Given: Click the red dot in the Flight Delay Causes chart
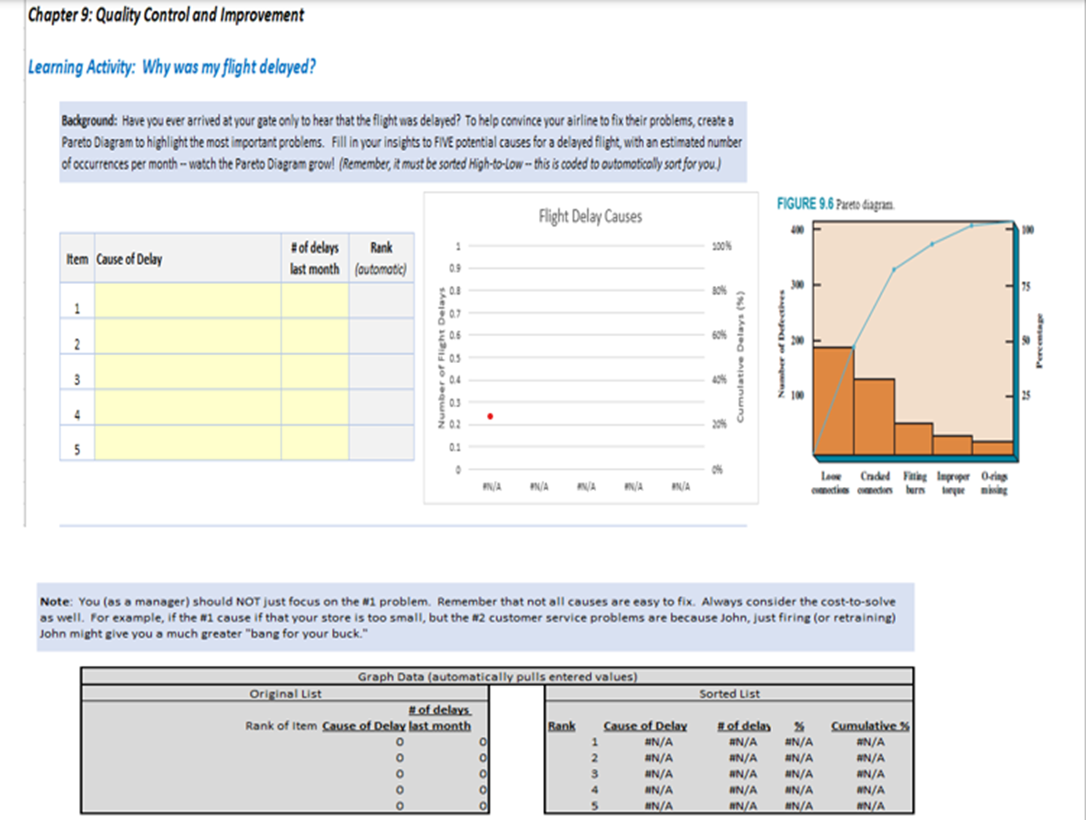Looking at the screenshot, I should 490,416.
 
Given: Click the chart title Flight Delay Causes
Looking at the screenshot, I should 590,216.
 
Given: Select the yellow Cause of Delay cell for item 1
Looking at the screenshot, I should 188,301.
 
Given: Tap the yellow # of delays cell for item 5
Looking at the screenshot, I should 315,443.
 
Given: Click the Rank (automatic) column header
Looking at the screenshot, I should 381,258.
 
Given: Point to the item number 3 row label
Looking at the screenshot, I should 77,380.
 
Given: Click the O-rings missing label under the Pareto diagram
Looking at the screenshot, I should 994,483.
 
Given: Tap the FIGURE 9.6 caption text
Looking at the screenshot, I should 835,204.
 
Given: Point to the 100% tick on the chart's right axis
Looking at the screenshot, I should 721,246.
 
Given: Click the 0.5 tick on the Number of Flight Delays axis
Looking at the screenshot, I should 455,358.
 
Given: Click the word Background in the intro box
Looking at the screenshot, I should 88,120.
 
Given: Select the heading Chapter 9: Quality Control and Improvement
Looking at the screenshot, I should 166,15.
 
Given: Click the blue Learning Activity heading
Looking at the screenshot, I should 171,67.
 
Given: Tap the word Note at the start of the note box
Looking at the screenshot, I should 55,602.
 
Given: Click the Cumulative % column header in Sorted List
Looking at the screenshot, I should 869,726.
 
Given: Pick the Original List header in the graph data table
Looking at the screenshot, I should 285,693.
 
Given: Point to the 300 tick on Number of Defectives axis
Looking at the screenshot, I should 797,285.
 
